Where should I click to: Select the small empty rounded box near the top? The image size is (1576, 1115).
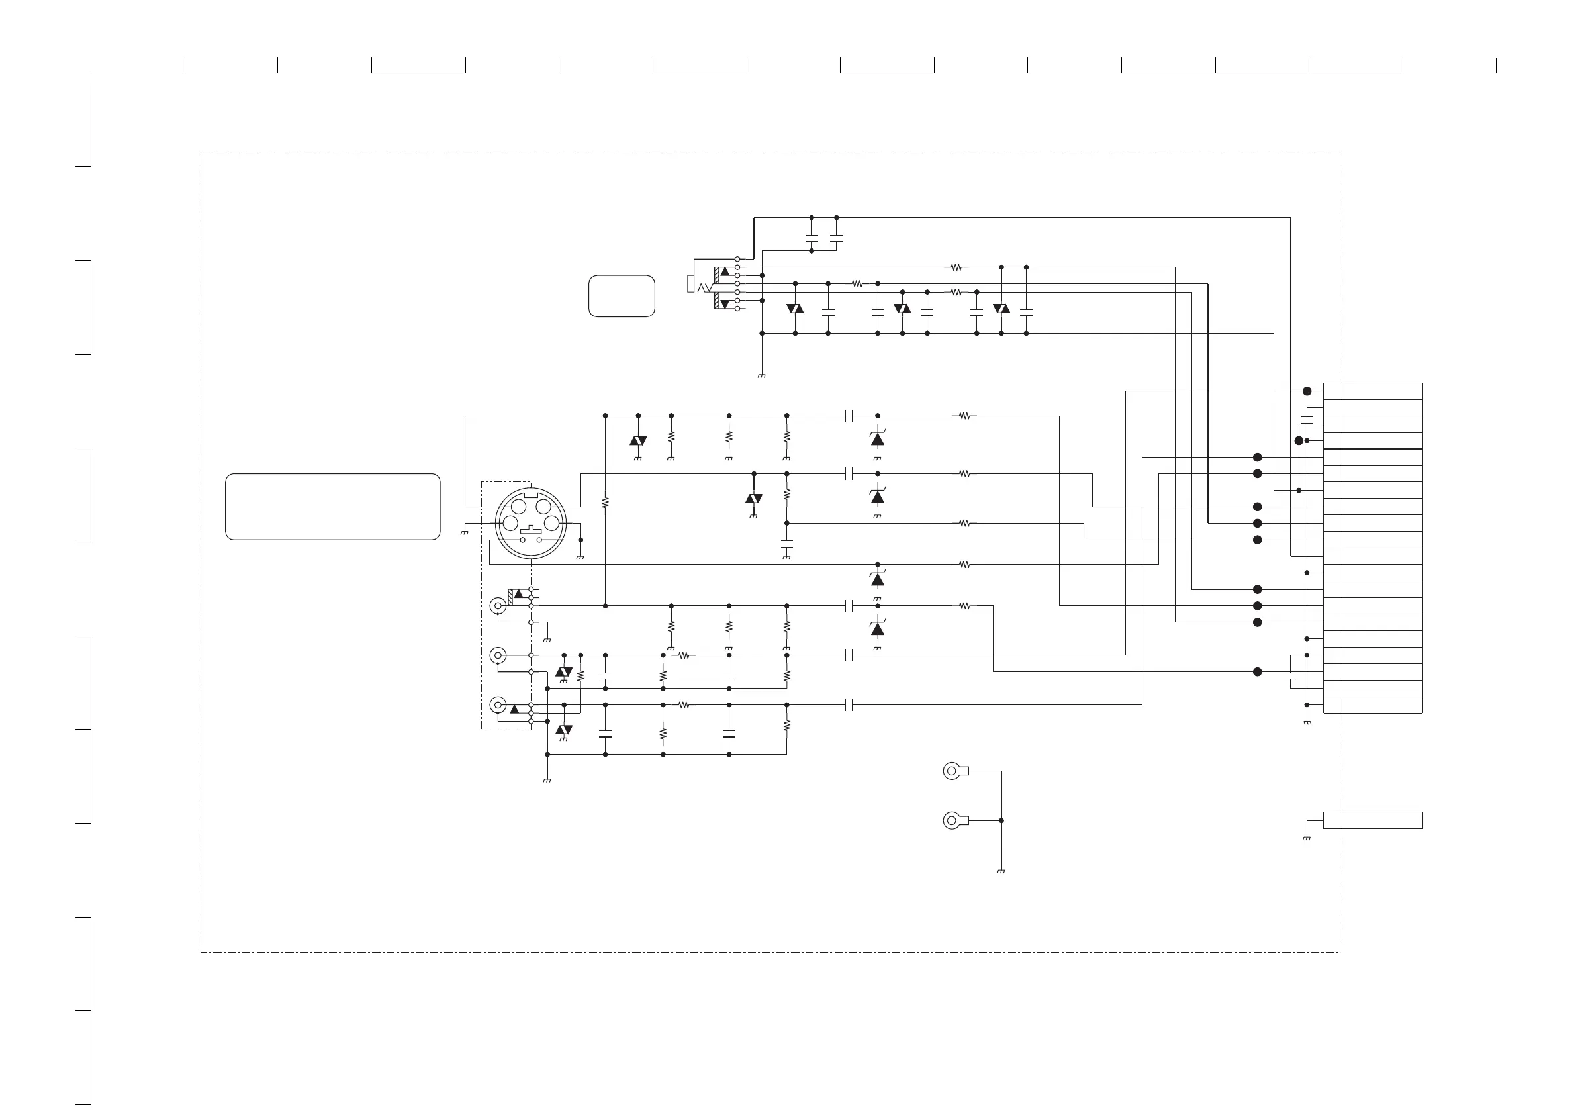622,296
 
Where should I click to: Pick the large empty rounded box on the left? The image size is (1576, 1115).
332,507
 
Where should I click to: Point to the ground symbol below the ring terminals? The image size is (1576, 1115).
1001,871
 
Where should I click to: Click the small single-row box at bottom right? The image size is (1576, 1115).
1372,820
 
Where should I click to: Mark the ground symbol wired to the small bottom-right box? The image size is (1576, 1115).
1306,838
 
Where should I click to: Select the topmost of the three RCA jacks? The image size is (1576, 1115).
498,606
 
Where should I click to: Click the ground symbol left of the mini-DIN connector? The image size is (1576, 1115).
465,533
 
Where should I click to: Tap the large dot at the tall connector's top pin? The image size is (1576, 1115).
1307,391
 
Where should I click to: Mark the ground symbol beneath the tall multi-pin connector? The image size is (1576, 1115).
1307,723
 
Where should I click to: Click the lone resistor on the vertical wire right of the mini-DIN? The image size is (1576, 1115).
605,503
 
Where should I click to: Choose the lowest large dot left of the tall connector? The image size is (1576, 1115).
1258,672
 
